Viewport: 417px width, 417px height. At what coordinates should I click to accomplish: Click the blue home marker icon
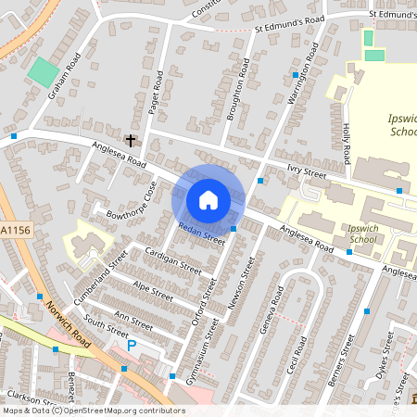(208, 199)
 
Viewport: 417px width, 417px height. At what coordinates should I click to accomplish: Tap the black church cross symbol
(131, 141)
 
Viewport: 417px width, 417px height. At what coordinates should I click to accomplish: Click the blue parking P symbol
(131, 345)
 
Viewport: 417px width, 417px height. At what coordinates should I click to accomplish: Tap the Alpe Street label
(153, 291)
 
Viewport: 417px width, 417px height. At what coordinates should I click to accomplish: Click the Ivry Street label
(307, 169)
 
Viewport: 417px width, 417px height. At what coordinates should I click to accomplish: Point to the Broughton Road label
(239, 89)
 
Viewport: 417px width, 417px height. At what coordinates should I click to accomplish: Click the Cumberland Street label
(102, 270)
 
